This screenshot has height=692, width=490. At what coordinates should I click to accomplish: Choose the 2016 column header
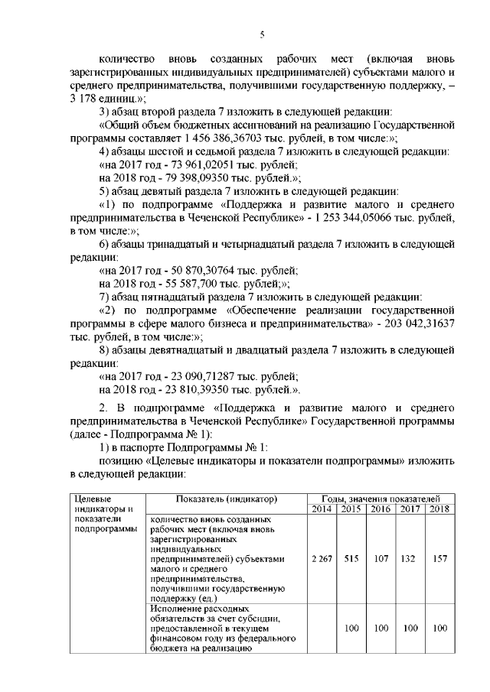click(381, 509)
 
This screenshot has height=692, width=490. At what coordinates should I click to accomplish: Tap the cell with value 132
click(409, 558)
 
